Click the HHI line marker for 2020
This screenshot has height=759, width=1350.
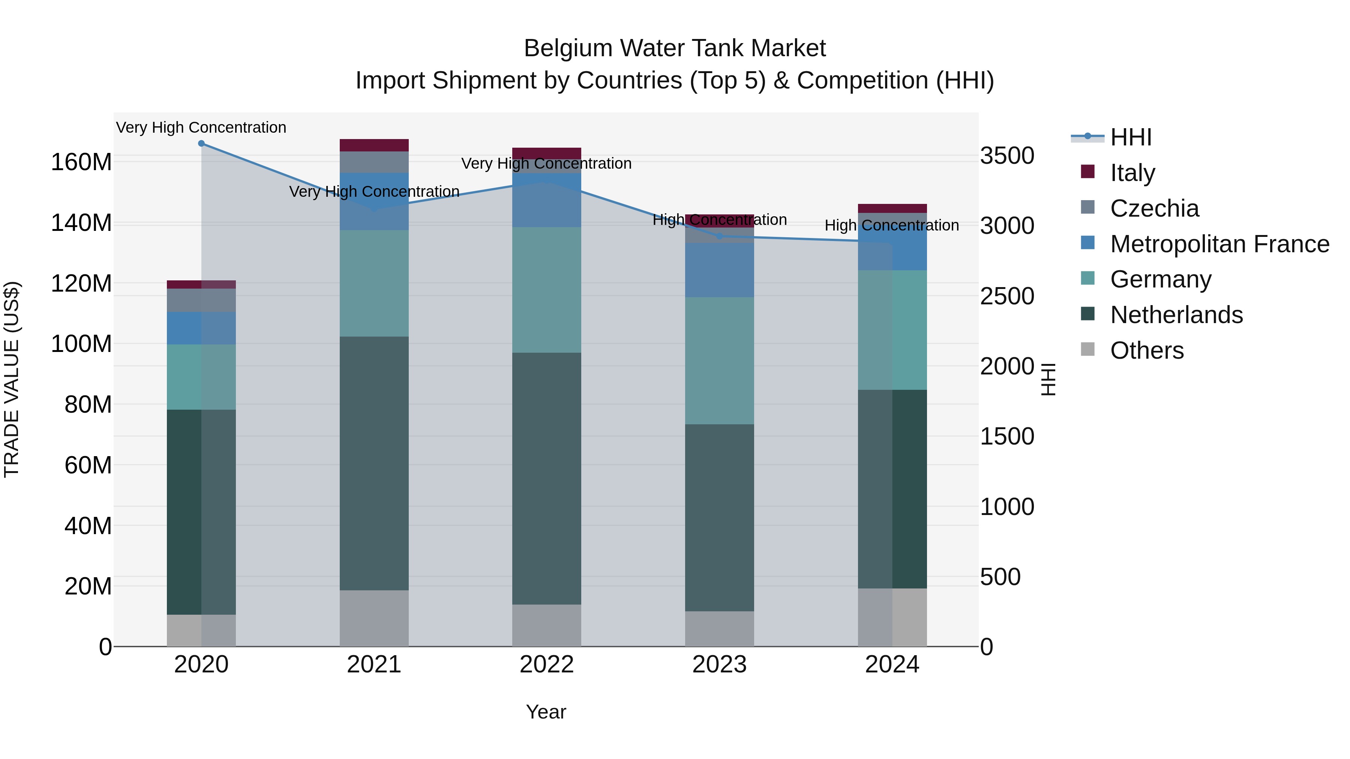tap(201, 143)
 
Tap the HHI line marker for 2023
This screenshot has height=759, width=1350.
tap(720, 236)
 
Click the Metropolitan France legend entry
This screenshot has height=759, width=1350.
tap(1219, 244)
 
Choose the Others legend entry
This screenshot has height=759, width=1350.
tap(1147, 350)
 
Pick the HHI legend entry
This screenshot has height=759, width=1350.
tap(1130, 137)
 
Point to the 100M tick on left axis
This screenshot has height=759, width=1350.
tap(81, 344)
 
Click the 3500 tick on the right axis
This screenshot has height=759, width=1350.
tap(1007, 156)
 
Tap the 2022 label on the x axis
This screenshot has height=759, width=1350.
tap(547, 665)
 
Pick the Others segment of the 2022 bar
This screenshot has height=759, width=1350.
tap(547, 626)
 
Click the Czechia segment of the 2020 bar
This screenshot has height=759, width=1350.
tap(201, 300)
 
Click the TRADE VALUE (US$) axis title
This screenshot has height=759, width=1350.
tap(12, 379)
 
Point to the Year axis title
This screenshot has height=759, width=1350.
tap(546, 712)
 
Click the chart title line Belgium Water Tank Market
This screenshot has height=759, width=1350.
tap(675, 48)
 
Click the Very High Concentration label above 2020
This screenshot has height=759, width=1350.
tap(201, 127)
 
